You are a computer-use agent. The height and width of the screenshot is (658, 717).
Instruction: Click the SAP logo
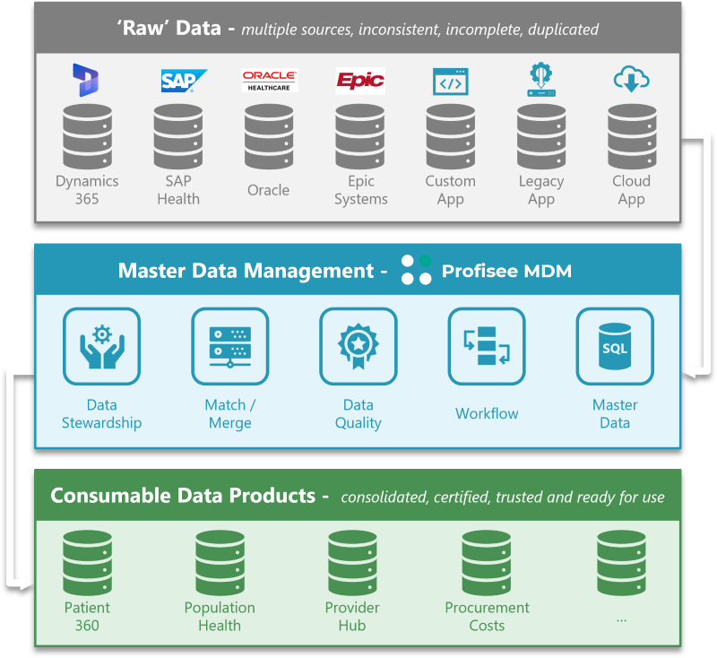[183, 81]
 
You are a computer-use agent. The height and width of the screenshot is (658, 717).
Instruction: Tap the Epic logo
[359, 81]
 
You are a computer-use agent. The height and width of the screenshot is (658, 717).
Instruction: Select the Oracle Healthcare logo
[269, 81]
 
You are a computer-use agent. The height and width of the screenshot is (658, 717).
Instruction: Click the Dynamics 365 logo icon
[86, 80]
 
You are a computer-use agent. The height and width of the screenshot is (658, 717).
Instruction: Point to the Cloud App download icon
[631, 80]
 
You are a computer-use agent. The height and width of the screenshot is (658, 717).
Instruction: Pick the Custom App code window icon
[450, 82]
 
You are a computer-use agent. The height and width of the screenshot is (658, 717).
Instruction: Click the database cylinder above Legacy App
[541, 135]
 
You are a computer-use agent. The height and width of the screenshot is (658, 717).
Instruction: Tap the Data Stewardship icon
[101, 346]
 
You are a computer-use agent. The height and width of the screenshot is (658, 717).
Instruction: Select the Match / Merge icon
[229, 346]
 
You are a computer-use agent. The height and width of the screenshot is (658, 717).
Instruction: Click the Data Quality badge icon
[358, 346]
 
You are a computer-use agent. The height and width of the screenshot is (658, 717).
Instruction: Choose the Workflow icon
[487, 346]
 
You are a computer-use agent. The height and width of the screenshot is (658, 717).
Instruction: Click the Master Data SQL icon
[615, 346]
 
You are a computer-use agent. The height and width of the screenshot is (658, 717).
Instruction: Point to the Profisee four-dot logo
[416, 270]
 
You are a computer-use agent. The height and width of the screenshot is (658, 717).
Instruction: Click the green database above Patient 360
[87, 562]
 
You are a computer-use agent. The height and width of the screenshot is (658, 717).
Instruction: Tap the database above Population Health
[220, 562]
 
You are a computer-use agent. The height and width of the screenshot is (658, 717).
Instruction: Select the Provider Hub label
[351, 616]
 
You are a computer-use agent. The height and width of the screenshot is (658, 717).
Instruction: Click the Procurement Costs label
[487, 616]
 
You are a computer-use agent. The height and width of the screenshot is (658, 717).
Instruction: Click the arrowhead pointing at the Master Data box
[688, 368]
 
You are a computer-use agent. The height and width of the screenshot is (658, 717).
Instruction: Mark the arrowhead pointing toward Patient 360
[27, 584]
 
